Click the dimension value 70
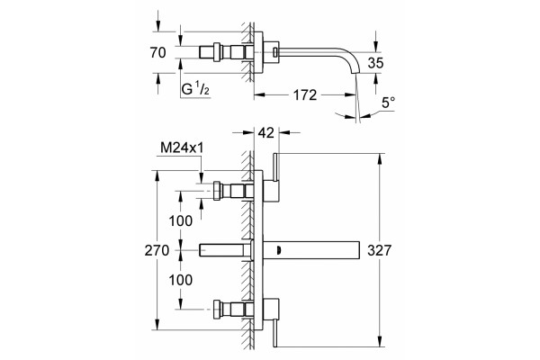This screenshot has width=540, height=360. tap(157, 53)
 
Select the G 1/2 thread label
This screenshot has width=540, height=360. tap(195, 89)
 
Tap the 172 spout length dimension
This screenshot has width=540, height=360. tap(305, 95)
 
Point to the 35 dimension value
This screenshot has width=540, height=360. tap(375, 63)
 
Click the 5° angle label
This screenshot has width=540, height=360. tap(389, 103)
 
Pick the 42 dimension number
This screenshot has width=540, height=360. tap(266, 132)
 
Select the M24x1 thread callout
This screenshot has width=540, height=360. tap(182, 148)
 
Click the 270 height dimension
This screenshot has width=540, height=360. tap(157, 250)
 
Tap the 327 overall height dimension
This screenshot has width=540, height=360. tap(380, 250)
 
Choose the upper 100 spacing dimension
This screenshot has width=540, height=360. tap(181, 220)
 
